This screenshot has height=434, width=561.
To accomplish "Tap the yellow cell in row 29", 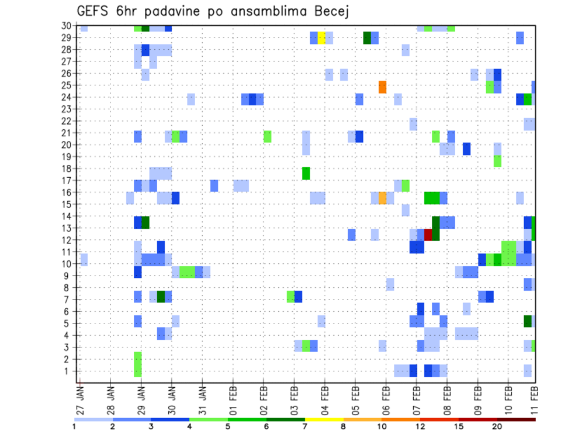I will click(321, 38).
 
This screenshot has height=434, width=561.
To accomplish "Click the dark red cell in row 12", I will click(428, 235).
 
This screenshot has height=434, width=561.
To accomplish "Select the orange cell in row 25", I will click(382, 87).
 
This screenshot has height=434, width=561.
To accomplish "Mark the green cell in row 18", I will click(306, 173).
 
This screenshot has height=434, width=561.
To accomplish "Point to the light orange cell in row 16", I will click(382, 198).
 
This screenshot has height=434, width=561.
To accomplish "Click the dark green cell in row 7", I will click(161, 297).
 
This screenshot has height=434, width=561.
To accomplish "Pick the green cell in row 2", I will click(138, 359).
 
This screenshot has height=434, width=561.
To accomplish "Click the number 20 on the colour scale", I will click(497, 426).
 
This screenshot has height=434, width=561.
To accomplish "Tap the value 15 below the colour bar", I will click(459, 426).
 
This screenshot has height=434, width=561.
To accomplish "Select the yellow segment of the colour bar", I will click(324, 419).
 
